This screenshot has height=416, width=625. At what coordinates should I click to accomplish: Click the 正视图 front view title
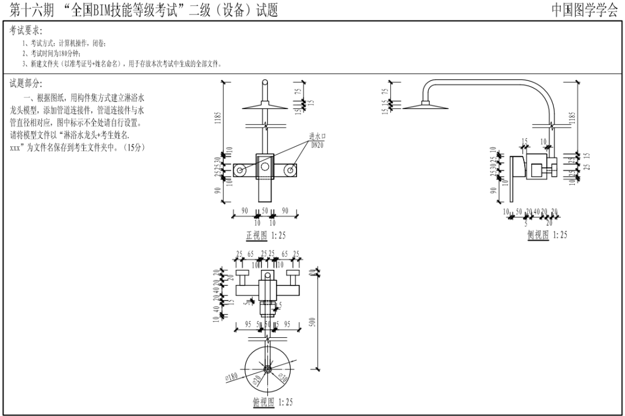[x=256, y=235]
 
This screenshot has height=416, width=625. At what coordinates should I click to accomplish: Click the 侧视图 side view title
[x=538, y=235]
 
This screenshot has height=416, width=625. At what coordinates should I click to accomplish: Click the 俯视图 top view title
[x=263, y=403]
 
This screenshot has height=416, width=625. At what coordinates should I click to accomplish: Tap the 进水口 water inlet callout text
[x=317, y=136]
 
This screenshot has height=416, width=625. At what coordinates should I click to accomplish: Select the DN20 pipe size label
[x=317, y=143]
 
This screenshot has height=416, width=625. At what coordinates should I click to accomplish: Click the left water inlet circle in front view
[x=240, y=170]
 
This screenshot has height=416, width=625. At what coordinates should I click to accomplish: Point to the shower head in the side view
[x=425, y=105]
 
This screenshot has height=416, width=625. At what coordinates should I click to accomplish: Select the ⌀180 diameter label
[x=231, y=378]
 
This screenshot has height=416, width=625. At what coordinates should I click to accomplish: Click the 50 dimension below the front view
[x=265, y=210]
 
